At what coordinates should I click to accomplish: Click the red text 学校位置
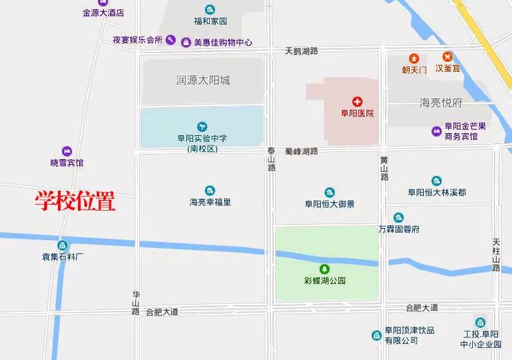(75, 202)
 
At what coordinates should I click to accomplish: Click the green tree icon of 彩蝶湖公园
(325, 269)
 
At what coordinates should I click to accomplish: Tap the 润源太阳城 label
(203, 81)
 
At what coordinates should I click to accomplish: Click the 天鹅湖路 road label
(301, 50)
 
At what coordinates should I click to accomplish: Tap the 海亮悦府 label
(441, 102)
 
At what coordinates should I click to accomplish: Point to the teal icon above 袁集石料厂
(62, 245)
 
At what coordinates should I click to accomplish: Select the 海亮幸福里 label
(210, 202)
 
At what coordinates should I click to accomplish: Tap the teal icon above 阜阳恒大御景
(330, 193)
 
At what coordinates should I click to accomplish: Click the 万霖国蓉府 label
(399, 229)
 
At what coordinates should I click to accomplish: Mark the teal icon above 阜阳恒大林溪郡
(437, 181)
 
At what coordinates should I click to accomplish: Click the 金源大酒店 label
(103, 12)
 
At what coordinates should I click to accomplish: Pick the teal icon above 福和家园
(210, 9)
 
